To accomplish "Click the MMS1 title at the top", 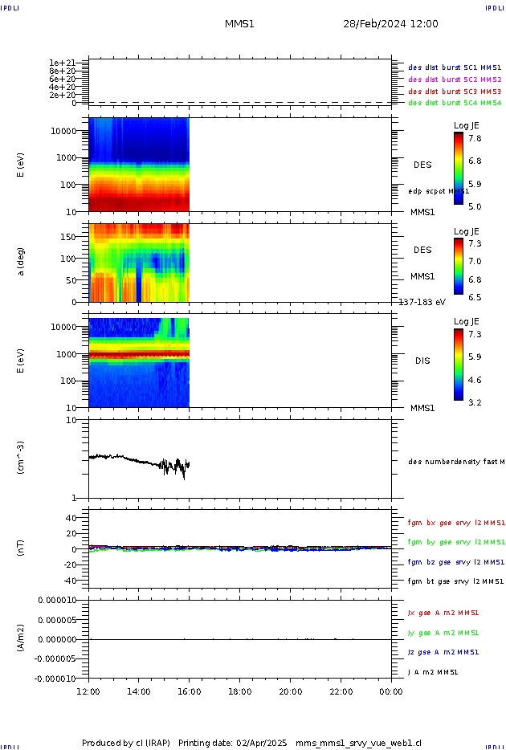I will [239, 24].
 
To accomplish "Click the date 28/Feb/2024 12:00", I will [390, 24].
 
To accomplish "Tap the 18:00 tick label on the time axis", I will [240, 691].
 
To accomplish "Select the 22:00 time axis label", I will [341, 691].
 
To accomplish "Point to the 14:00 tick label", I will [139, 691].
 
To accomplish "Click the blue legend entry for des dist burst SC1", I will [455, 68].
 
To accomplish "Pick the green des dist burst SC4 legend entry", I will [455, 103].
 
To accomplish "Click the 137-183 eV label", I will [422, 303].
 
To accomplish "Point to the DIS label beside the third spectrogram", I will [422, 361].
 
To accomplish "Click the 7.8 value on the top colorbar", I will [475, 138].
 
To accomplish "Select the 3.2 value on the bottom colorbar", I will [475, 402].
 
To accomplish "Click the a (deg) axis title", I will [22, 261].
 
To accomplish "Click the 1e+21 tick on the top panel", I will [62, 63].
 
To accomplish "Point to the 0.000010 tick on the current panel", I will [55, 601].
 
